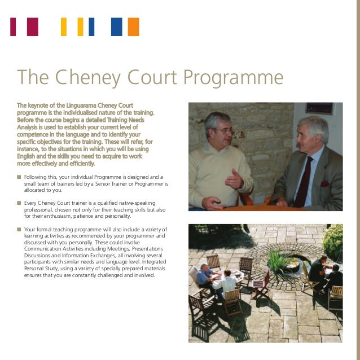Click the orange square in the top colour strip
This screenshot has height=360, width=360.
pos(133,27)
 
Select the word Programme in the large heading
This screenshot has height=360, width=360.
pos(235,77)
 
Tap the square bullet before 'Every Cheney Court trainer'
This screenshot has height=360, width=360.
pos(19,203)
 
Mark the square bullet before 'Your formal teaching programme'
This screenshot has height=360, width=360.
pos(19,230)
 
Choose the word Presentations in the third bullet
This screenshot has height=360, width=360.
pos(144,249)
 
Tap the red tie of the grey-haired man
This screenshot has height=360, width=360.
pos(304,181)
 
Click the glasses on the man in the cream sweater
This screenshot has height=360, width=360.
pos(222,131)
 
